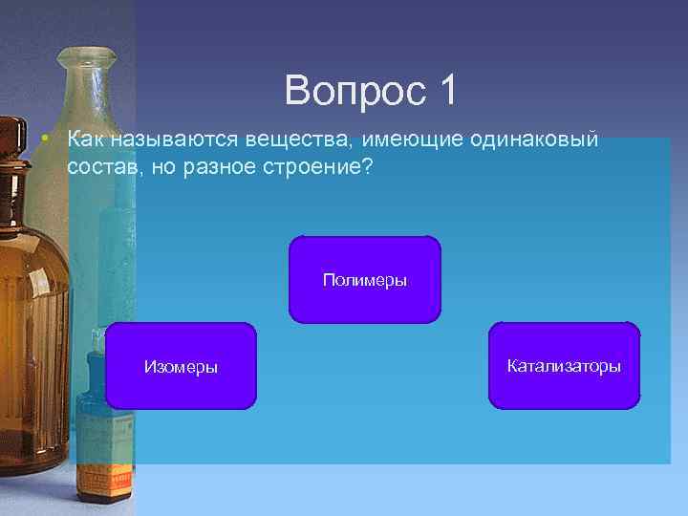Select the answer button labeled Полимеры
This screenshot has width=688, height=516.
coord(365,280)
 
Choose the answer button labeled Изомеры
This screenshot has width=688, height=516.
coord(181,366)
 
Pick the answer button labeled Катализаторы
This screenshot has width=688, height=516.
coord(564,366)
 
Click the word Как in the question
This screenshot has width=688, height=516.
coord(87,140)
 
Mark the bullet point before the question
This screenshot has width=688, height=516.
coord(45,140)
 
